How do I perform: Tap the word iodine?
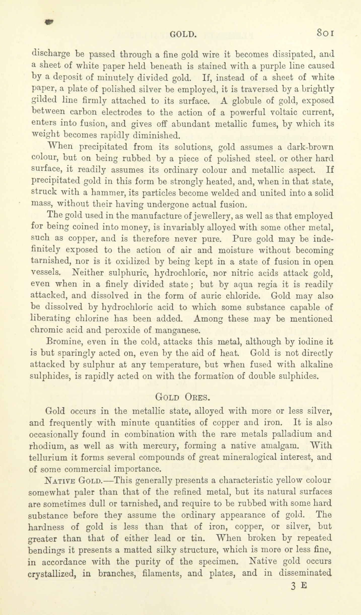pos(307,342)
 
